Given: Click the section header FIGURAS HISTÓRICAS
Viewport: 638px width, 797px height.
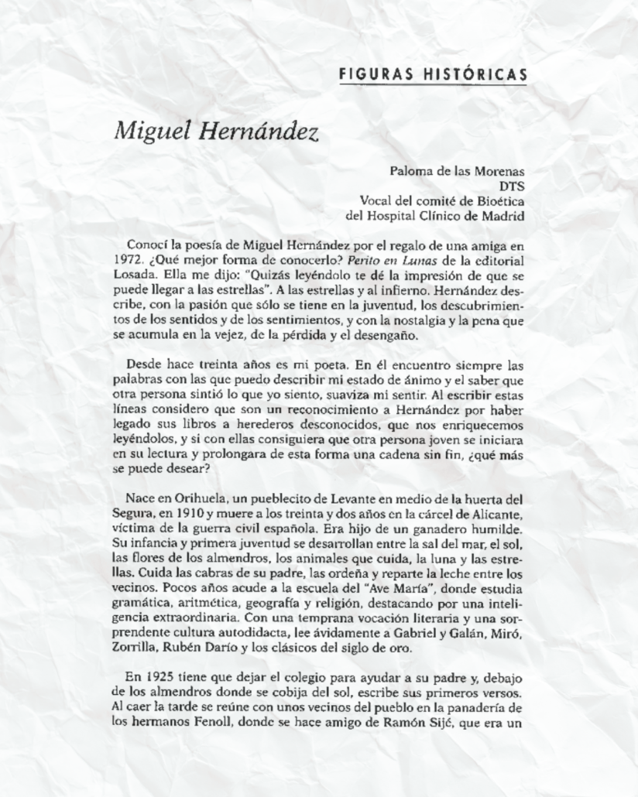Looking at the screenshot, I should [x=434, y=74].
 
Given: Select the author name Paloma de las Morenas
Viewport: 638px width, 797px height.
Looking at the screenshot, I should [x=457, y=170].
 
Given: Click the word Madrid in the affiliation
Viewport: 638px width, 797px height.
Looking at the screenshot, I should [x=507, y=217].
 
